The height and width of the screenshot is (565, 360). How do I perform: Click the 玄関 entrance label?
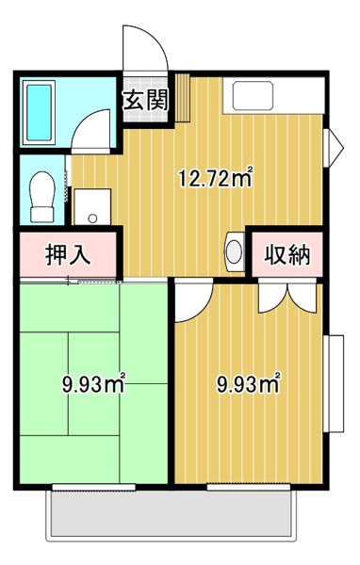click(146, 100)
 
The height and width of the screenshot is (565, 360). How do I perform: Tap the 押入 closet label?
click(68, 255)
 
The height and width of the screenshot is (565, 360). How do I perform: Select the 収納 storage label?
click(287, 255)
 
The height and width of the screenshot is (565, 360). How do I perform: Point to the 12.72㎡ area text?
click(216, 177)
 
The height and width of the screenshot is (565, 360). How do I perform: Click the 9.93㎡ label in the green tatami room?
click(93, 383)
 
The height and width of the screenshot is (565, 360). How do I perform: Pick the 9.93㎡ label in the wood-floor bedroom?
click(248, 383)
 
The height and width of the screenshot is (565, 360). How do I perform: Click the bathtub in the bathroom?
click(39, 112)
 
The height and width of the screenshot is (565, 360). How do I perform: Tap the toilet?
click(42, 197)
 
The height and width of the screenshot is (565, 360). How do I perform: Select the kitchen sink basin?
click(253, 95)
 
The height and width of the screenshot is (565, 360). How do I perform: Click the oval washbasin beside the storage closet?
click(234, 251)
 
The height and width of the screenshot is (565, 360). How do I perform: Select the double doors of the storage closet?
click(287, 296)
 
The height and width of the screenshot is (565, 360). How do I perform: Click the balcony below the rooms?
click(172, 514)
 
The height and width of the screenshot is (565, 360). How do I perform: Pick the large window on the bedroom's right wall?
click(334, 383)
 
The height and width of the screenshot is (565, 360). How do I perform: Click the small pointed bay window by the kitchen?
click(333, 148)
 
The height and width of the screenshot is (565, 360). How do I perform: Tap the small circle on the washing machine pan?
click(92, 218)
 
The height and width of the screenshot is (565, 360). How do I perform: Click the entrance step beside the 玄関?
click(183, 98)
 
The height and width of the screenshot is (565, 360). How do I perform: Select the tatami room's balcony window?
click(94, 487)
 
